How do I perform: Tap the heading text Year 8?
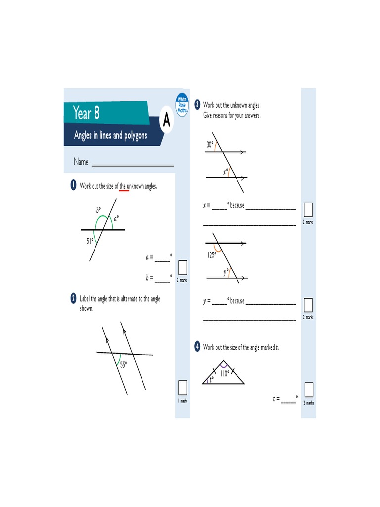(x=86, y=113)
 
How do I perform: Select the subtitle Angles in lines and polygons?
(x=110, y=135)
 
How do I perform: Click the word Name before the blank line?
(x=81, y=162)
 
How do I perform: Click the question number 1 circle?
(x=73, y=186)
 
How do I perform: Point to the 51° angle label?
(x=90, y=241)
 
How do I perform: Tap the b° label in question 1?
(x=98, y=210)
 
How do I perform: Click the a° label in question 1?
(x=116, y=218)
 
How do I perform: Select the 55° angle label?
(x=124, y=364)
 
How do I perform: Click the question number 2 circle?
(x=73, y=298)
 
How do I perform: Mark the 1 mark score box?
(x=182, y=387)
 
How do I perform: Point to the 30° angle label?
(x=210, y=145)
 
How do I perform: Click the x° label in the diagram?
(x=225, y=172)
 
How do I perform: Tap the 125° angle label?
(x=212, y=255)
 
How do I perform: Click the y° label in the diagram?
(x=226, y=272)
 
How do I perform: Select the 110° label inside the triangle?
(x=225, y=374)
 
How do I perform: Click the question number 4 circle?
(x=197, y=347)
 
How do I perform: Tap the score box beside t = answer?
(x=309, y=390)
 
